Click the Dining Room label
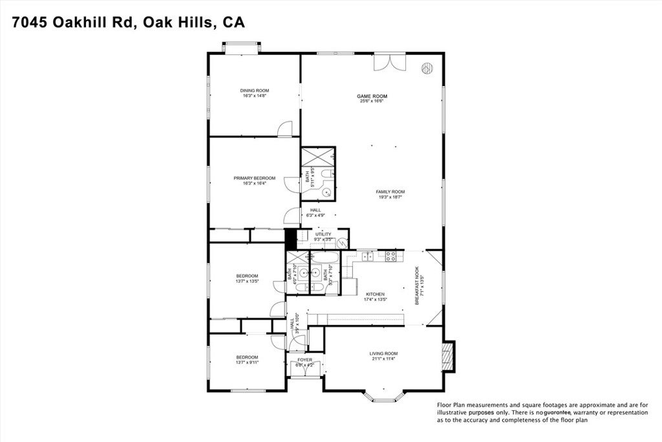[254, 91]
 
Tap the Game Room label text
[372, 96]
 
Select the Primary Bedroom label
[254, 178]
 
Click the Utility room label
[323, 234]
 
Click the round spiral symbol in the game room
[427, 67]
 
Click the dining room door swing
[284, 130]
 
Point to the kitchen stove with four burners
[391, 256]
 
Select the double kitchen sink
[367, 257]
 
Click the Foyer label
[304, 360]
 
